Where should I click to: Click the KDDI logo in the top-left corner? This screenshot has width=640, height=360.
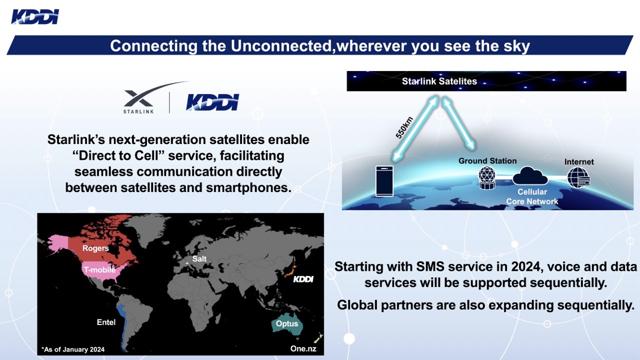(x=35, y=16)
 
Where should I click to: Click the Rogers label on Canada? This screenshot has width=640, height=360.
(x=95, y=248)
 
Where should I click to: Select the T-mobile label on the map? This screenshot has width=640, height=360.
(x=99, y=269)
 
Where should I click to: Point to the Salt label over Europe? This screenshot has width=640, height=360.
(x=199, y=259)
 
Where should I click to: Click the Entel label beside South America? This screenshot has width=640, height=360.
(x=106, y=322)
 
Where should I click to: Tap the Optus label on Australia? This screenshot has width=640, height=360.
(x=287, y=323)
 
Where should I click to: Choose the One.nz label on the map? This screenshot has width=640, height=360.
(x=303, y=348)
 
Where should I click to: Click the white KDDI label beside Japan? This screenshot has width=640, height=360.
(x=303, y=279)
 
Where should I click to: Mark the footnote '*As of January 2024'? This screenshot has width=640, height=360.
(x=73, y=349)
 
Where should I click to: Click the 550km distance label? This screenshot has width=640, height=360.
(x=404, y=127)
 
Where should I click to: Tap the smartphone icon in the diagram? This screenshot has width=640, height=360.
(x=384, y=181)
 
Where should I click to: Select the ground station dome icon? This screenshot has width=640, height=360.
(x=487, y=177)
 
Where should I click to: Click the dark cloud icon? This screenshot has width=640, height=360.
(x=530, y=175)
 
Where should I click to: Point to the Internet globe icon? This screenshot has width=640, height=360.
(x=578, y=177)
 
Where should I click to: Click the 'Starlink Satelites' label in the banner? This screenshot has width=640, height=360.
(x=439, y=81)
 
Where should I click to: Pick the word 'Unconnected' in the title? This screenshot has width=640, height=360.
(x=281, y=45)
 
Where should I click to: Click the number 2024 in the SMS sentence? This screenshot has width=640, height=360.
(x=525, y=266)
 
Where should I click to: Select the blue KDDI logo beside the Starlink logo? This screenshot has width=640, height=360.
(x=212, y=102)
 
